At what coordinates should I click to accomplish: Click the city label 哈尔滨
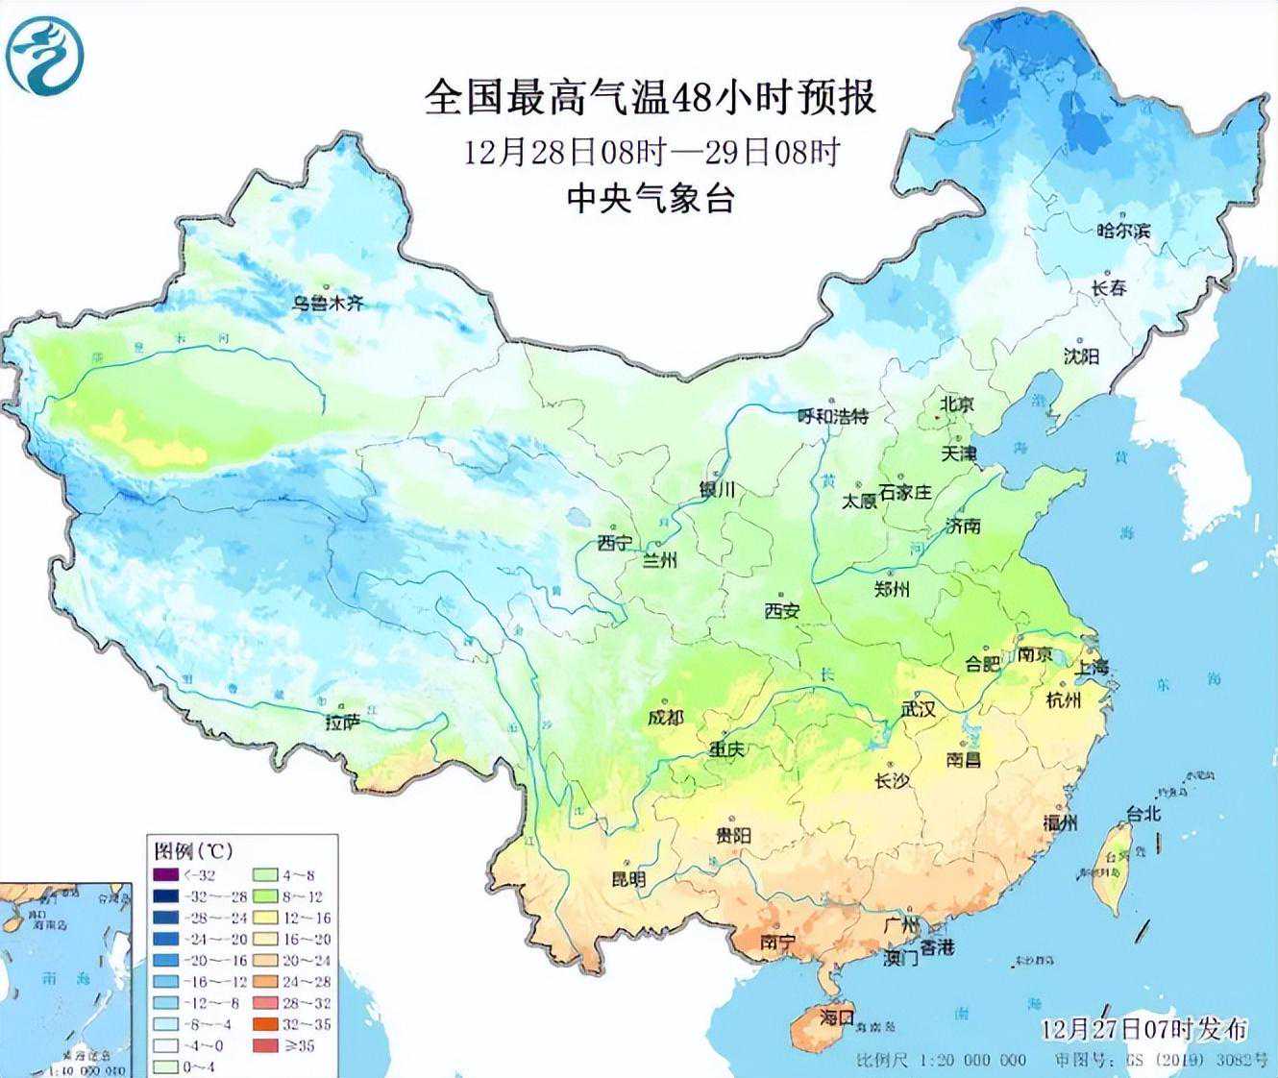pos(1122,231)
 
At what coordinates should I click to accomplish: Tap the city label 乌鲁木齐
pos(329,304)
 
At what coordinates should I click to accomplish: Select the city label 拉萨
pos(342,722)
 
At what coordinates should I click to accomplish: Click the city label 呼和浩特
pos(833,416)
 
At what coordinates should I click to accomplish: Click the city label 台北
pos(1143,813)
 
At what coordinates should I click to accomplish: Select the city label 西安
pos(782,610)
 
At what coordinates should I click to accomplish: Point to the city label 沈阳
pos(1081,356)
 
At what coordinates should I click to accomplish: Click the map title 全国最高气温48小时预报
pos(650,98)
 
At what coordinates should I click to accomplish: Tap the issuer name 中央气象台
pos(650,199)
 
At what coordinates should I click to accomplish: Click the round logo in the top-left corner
pos(45,56)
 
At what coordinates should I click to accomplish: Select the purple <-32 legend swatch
pos(165,875)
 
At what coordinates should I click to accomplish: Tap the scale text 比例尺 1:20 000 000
pos(941,1060)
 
